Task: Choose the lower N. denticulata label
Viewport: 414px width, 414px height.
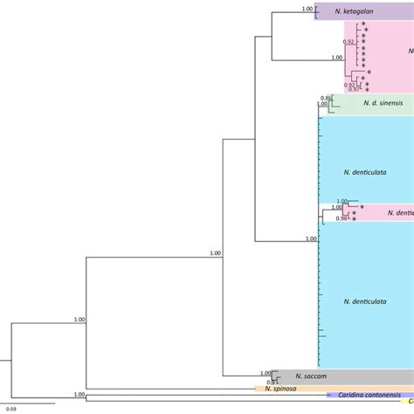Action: tap(366, 301)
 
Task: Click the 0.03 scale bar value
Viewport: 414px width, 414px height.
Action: tap(11, 409)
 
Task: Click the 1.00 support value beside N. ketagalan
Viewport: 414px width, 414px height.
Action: tap(307, 9)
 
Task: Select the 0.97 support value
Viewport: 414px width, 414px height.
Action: tap(355, 89)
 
